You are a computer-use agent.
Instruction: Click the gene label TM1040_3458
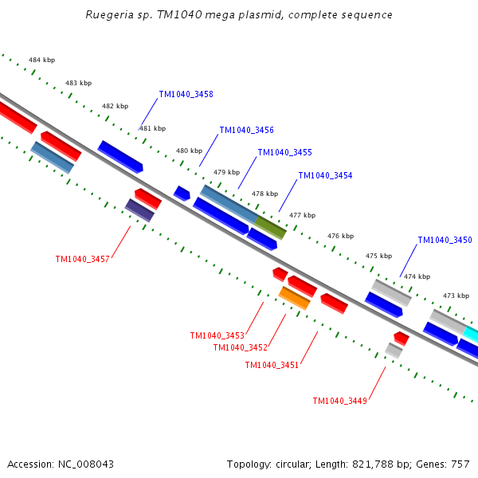pyautogui.click(x=186, y=94)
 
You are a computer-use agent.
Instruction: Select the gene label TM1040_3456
pyautogui.click(x=246, y=130)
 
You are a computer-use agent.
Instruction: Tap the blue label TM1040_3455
pyautogui.click(x=284, y=152)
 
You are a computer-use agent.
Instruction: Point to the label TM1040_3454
pyautogui.click(x=325, y=175)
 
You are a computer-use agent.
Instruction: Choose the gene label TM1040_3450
pyautogui.click(x=445, y=240)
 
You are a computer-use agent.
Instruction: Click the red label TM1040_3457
pyautogui.click(x=82, y=259)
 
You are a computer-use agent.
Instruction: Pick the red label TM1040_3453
pyautogui.click(x=217, y=335)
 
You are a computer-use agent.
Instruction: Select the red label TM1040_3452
pyautogui.click(x=240, y=347)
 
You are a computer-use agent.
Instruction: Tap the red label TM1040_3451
pyautogui.click(x=272, y=365)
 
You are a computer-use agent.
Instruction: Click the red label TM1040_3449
pyautogui.click(x=339, y=401)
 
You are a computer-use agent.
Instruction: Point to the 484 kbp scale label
pyautogui.click(x=41, y=60)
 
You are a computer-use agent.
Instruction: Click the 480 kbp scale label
pyautogui.click(x=189, y=151)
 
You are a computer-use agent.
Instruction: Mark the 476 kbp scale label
pyautogui.click(x=340, y=236)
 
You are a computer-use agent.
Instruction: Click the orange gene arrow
pyautogui.click(x=294, y=298)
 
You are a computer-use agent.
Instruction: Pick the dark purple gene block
pyautogui.click(x=139, y=210)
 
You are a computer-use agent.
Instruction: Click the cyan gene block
pyautogui.click(x=471, y=333)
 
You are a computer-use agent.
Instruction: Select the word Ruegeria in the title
pyautogui.click(x=108, y=15)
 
